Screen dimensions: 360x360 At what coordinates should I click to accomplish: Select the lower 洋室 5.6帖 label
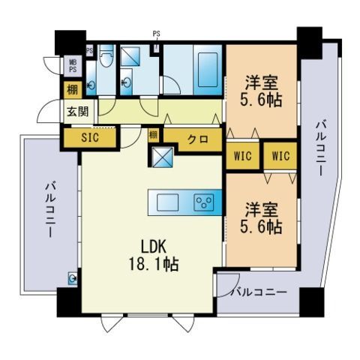[262, 215]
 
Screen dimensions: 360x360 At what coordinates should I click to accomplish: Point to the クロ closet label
[197, 139]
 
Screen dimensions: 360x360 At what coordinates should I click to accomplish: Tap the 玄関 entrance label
[77, 113]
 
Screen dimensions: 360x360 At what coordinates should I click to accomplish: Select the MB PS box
[73, 65]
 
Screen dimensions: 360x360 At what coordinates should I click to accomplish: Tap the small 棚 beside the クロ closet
[153, 135]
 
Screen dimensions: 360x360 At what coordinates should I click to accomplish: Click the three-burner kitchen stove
[203, 202]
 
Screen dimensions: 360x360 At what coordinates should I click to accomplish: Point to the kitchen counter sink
[166, 202]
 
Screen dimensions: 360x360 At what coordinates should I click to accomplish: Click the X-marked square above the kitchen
[163, 158]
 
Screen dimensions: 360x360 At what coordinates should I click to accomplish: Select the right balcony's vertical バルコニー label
[321, 147]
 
